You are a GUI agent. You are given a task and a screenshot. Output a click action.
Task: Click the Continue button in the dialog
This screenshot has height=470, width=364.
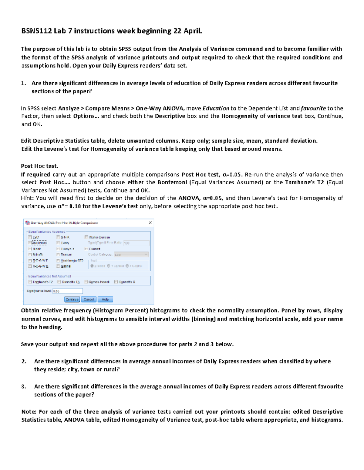coord(72,299)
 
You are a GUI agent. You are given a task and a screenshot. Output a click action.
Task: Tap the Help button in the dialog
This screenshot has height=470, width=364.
coord(105,299)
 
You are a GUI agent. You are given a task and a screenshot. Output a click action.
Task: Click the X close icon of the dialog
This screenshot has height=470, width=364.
coord(150,223)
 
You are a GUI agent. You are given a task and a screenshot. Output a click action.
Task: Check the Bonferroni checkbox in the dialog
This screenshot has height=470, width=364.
coord(30,243)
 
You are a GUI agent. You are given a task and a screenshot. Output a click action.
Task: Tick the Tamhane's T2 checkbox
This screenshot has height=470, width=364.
coord(30,282)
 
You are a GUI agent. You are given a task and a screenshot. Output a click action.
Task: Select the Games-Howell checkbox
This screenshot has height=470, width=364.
coord(86,282)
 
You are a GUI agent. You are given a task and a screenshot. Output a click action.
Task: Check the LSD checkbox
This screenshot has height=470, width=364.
coord(30,237)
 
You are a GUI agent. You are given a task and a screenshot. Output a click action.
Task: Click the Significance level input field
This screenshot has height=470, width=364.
coord(68,291)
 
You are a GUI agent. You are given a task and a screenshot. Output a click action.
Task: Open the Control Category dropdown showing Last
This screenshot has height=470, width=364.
coord(131,255)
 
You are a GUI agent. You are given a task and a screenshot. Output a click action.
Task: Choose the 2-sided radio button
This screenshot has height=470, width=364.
coord(92,266)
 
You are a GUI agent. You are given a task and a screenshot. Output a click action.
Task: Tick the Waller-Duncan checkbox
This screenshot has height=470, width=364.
coord(86,237)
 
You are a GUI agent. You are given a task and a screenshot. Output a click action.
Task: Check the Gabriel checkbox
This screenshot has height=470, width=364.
coord(58,266)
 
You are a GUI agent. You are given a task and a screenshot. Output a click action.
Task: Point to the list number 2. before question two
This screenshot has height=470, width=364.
coord(24,361)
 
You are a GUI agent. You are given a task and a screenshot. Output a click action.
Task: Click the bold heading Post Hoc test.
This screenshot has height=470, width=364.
coord(39,166)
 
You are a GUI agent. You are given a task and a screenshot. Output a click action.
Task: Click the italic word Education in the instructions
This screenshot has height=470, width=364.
coord(216,108)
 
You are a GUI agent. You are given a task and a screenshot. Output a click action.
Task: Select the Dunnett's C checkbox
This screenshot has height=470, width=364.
coord(116,282)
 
